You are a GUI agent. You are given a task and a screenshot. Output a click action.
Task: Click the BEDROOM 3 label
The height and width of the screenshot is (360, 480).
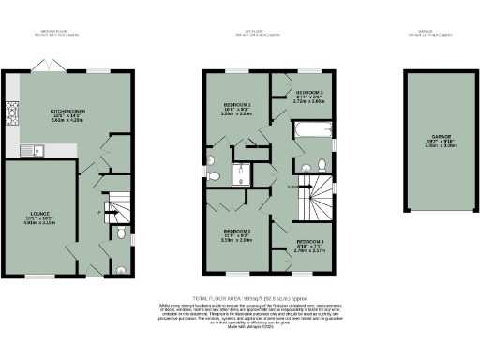tap(309, 93)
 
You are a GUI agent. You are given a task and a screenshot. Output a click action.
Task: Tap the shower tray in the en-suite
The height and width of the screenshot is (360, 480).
tap(246, 172)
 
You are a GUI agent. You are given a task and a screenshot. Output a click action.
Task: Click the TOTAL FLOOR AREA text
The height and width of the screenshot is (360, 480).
tap(240, 297)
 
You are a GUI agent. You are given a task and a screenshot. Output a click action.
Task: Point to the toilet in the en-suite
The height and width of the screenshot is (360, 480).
tap(215, 173)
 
